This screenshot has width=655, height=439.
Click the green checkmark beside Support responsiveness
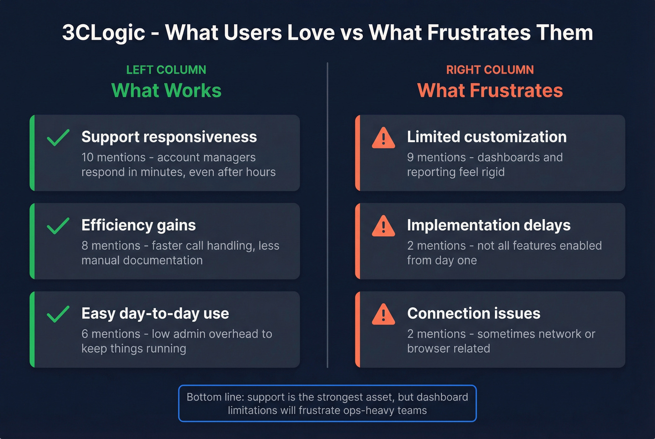(x=58, y=137)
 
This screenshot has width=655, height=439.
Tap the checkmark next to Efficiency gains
(x=58, y=226)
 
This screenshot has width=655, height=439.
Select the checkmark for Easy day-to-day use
(x=58, y=314)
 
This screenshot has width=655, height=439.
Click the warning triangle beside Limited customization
(x=383, y=138)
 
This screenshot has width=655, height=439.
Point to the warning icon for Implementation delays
(x=383, y=226)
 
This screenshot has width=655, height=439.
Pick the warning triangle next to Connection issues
(x=383, y=315)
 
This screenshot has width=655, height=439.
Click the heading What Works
(x=166, y=91)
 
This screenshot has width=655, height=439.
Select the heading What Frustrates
(x=490, y=91)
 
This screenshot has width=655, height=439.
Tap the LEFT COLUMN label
(x=166, y=70)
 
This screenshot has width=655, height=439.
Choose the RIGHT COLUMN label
(x=490, y=70)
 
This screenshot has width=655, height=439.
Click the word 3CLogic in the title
(x=103, y=33)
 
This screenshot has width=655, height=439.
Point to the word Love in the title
(x=311, y=33)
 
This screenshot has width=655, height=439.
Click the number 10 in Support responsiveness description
(x=87, y=158)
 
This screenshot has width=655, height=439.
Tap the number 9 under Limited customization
(x=410, y=158)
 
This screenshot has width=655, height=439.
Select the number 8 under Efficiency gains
(x=85, y=246)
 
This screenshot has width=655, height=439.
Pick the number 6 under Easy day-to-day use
(x=85, y=334)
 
